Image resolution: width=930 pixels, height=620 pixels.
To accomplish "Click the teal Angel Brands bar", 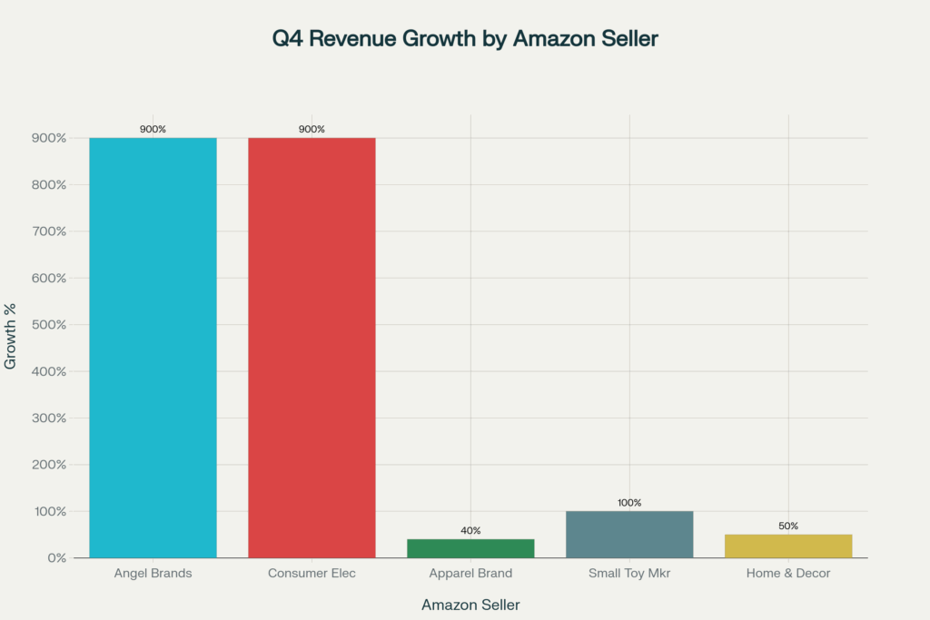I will [153, 348].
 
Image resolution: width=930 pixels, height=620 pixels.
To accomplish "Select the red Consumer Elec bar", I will [312, 348].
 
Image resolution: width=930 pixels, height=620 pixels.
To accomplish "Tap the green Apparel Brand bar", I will [470, 548].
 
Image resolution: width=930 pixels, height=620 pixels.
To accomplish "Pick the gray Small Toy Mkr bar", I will [629, 535].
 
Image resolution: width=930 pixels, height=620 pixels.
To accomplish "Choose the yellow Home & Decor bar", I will [788, 546].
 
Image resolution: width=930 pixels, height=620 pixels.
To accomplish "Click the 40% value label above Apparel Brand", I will [470, 530].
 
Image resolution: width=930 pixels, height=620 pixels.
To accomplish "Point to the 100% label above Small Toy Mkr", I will [629, 502].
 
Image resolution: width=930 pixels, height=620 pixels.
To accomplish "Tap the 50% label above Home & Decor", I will [788, 526].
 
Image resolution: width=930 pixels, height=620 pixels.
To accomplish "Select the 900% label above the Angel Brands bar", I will [153, 129].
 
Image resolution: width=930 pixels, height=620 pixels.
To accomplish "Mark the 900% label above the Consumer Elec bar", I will [312, 129].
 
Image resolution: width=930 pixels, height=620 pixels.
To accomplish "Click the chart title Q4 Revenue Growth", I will [465, 39].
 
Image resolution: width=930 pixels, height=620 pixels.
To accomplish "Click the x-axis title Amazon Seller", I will [470, 605].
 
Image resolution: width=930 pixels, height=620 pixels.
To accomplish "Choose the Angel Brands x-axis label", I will [153, 574].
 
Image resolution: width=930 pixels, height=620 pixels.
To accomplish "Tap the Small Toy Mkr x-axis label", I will [629, 574].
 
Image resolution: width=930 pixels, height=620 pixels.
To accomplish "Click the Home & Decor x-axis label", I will [788, 574].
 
